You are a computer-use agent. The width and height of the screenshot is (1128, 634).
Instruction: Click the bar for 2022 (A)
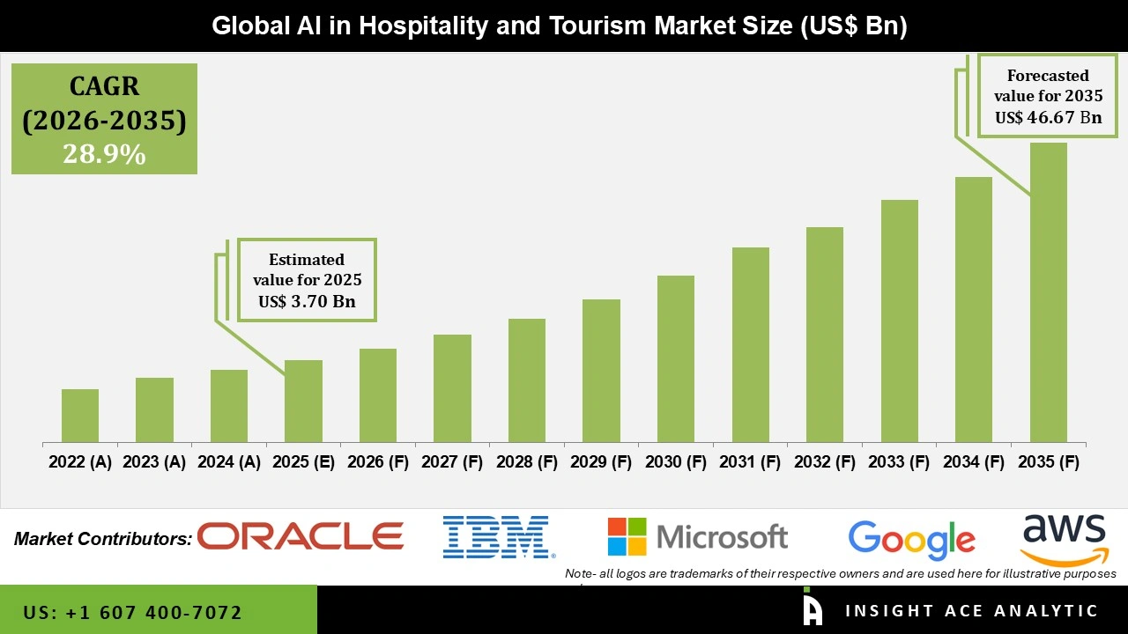point(80,416)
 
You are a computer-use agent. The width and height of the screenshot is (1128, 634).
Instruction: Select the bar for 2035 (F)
point(1048,292)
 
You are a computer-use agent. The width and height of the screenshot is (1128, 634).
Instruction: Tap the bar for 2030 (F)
point(676,358)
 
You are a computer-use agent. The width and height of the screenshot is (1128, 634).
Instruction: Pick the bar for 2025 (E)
point(303,401)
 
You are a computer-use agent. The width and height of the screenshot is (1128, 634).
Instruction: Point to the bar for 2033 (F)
point(899,321)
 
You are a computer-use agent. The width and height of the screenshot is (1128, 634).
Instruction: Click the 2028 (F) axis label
point(527,462)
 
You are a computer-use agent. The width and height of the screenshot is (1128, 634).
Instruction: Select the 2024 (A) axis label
point(229,462)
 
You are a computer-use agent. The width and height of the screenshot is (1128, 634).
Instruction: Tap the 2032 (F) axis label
point(825,462)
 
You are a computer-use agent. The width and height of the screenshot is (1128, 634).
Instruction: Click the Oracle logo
point(301,535)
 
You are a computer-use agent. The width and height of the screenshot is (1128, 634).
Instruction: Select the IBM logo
point(498,537)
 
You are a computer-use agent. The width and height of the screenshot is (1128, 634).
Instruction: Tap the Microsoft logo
point(698,536)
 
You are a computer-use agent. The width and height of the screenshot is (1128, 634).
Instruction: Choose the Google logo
point(911,539)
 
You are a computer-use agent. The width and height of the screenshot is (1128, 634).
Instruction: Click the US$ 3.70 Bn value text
point(307,301)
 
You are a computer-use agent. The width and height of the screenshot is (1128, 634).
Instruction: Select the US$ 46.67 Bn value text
point(1048,117)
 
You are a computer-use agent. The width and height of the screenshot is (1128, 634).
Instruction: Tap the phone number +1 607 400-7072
point(133,612)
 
